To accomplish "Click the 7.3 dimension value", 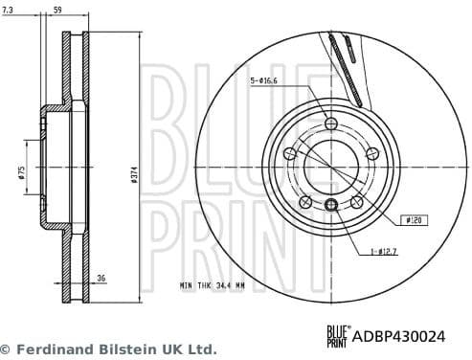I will coord(12,9).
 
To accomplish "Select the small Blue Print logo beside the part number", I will coord(338,332).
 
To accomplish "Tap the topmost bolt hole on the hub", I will coord(331,124).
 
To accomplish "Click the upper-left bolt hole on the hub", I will coord(291,153).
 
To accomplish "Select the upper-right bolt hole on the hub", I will coord(371,153).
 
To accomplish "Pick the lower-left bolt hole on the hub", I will coord(306,201).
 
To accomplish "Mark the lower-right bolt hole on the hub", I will coord(356,201).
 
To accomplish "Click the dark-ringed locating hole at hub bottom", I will coord(331,205).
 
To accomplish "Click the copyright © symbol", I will coord(6,349).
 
